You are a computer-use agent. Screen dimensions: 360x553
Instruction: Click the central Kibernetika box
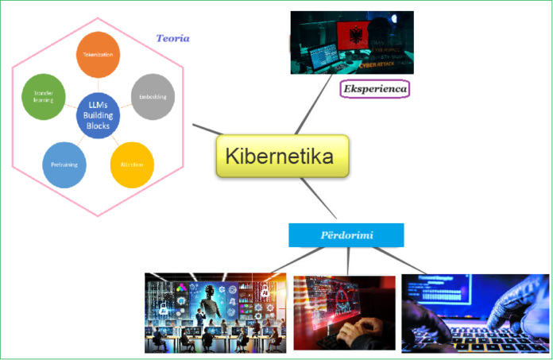pos(282,156)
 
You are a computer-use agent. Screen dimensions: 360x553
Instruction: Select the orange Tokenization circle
pos(98,55)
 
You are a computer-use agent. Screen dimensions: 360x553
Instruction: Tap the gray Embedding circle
pos(152,97)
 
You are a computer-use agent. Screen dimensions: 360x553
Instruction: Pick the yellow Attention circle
pos(132,165)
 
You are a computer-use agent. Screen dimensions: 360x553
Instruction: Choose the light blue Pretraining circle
pos(64,165)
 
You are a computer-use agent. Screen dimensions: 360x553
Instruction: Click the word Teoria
pos(172,38)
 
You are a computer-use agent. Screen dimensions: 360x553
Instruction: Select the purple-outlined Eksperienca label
pos(374,89)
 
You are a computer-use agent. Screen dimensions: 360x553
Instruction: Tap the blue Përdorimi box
pos(346,235)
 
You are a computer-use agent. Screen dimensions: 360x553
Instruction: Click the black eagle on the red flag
pos(350,33)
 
